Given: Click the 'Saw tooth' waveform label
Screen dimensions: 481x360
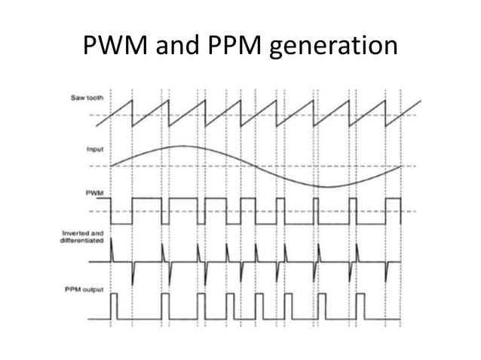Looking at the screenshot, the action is tap(89, 99).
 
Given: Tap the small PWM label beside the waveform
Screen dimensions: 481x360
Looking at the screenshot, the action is tap(94, 194).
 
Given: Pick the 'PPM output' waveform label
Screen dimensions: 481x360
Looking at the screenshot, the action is tap(86, 290).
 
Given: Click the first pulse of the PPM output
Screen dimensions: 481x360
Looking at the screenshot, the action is tap(115, 305).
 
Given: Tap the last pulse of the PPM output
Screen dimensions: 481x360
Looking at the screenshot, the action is tap(389, 305).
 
